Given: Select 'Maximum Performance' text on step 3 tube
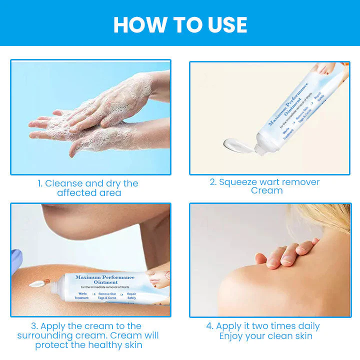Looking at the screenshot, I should point(104,277).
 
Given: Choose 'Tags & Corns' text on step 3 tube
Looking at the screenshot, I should point(107,297).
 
